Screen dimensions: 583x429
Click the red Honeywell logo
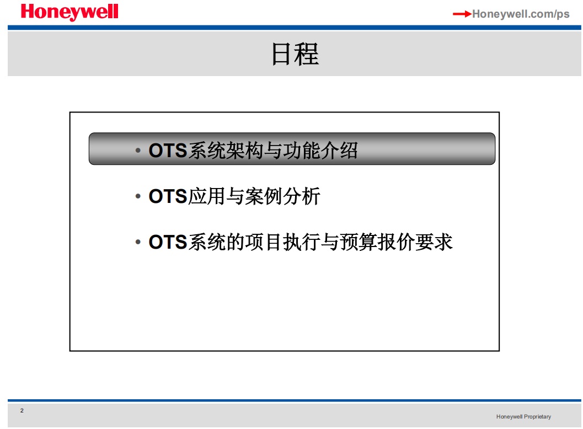[x=69, y=12]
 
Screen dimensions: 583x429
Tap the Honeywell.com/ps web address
[x=521, y=14]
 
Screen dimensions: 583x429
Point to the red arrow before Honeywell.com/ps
[x=462, y=14]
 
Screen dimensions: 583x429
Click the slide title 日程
[x=295, y=54]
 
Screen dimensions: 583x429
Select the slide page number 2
[x=22, y=410]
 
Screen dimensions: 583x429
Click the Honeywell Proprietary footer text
[x=523, y=417]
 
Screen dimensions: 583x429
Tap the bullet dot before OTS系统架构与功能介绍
[x=138, y=151]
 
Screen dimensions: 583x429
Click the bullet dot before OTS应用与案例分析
[x=138, y=196]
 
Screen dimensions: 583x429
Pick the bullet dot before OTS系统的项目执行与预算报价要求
[x=138, y=242]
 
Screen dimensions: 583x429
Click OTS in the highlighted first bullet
[x=168, y=151]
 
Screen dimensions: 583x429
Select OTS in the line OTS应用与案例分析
[x=168, y=196]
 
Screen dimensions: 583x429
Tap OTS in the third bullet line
[x=168, y=242]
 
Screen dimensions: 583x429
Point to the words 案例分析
[x=283, y=196]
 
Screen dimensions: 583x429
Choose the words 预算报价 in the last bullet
[x=377, y=242]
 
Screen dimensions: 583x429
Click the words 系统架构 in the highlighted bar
[x=226, y=151]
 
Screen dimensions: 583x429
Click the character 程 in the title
[x=307, y=54]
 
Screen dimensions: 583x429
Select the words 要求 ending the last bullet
[x=434, y=242]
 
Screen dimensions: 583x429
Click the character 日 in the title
[x=281, y=54]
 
